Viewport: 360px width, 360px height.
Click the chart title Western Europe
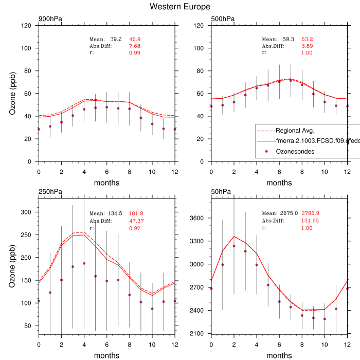coord(179,7)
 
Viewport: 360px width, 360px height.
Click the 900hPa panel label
coord(49,20)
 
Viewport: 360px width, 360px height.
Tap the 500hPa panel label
coord(222,20)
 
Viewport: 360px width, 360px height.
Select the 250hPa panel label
coord(49,192)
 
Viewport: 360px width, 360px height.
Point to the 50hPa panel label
coord(221,192)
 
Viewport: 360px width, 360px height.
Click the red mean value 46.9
coord(135,39)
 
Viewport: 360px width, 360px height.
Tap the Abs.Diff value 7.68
coord(134,46)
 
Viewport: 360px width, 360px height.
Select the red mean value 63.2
coord(307,39)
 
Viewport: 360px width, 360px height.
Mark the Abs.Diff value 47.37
coord(136,221)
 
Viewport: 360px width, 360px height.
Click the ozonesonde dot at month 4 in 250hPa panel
coord(84,263)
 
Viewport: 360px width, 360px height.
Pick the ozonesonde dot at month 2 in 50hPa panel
coord(233,246)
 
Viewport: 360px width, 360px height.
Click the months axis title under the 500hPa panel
coord(279,183)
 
